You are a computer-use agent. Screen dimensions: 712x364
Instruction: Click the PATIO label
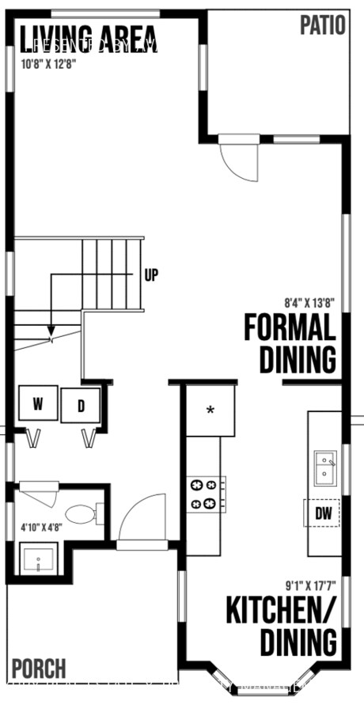pyautogui.click(x=322, y=25)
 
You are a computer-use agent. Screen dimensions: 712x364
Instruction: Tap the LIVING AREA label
pyautogui.click(x=88, y=37)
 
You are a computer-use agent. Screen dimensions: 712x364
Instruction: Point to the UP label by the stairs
pyautogui.click(x=152, y=275)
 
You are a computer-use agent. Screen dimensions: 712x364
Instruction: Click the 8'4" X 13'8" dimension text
pyautogui.click(x=310, y=301)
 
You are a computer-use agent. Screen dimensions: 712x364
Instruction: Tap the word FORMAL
pyautogui.click(x=289, y=327)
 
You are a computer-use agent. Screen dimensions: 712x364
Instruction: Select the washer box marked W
pyautogui.click(x=38, y=404)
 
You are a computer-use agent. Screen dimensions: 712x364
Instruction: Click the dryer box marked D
pyautogui.click(x=81, y=407)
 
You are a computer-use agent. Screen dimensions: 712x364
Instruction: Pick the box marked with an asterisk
pyautogui.click(x=210, y=411)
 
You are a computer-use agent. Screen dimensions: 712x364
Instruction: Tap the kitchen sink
pyautogui.click(x=324, y=468)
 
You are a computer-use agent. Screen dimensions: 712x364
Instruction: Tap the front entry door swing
pyautogui.click(x=142, y=519)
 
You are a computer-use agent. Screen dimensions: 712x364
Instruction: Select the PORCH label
pyautogui.click(x=39, y=668)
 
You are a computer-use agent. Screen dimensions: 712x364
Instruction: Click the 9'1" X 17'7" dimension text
pyautogui.click(x=310, y=586)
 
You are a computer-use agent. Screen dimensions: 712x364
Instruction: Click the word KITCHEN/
pyautogui.click(x=281, y=611)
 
